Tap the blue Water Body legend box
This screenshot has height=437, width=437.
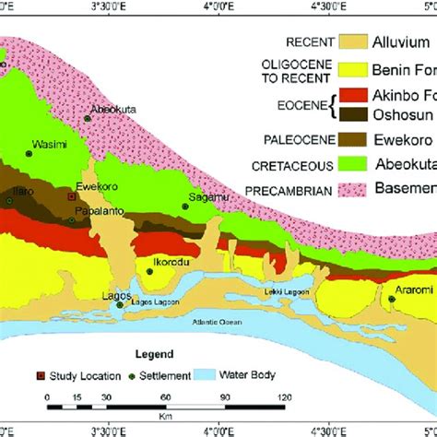[x=211, y=375]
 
